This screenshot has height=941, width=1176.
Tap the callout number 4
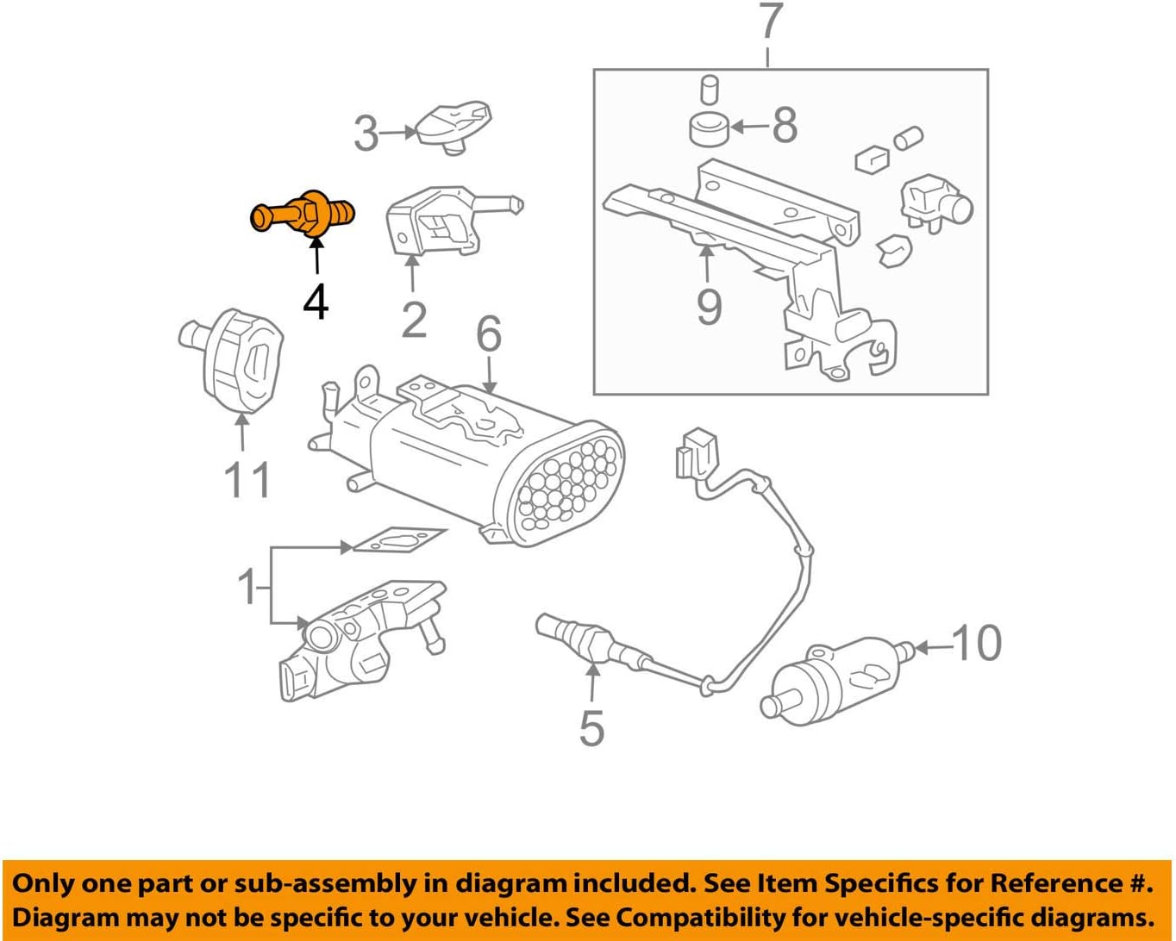pos(316,301)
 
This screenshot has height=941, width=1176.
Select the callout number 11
pos(247,480)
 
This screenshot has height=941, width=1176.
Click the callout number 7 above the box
pos(769,24)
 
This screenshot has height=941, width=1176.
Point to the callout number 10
pos(977,643)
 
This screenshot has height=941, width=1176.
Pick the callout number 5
pos(591,728)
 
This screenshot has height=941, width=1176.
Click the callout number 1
pos(247,586)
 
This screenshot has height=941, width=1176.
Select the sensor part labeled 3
pos(453,125)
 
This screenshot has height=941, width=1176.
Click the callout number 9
pos(709,306)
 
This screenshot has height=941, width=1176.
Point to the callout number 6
pos(489,333)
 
